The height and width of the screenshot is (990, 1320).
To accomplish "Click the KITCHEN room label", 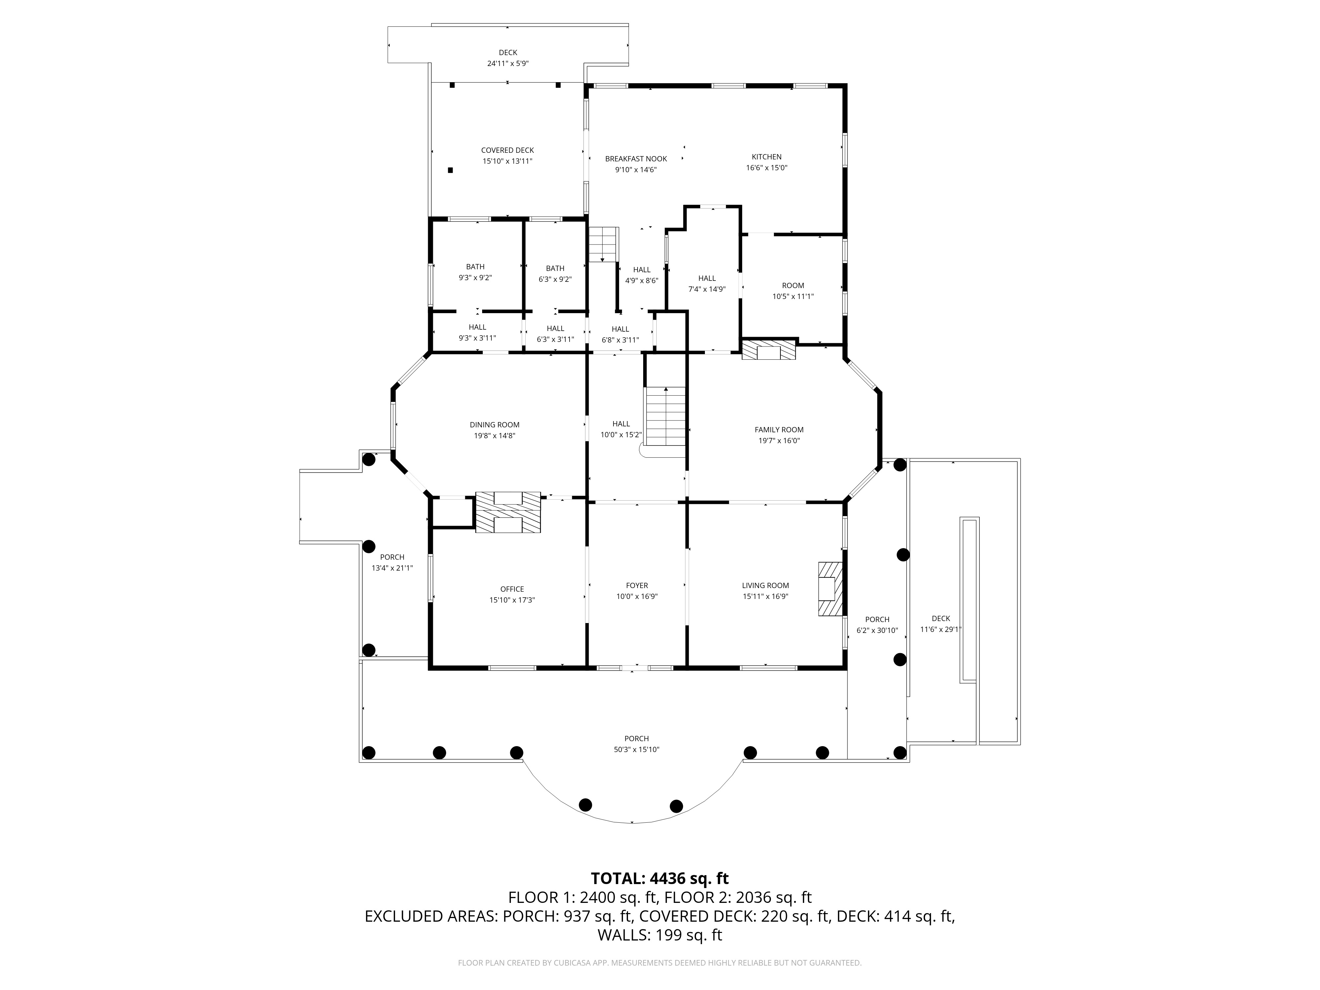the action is pos(766,157).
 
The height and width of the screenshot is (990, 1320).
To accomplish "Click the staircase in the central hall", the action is pos(665,416).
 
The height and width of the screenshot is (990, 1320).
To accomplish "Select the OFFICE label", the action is pos(512,589).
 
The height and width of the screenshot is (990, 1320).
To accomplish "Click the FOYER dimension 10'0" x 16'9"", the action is pos(637,596).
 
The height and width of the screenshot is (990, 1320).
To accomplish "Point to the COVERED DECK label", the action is pos(507,150).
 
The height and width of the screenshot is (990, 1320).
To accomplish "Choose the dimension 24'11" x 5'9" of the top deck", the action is pos(508,63).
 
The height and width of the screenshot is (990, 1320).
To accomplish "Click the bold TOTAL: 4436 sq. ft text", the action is pos(659,878).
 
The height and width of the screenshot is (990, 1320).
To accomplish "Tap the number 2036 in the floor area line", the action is pos(754,898).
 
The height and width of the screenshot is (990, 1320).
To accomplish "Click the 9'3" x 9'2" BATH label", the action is pos(475,272).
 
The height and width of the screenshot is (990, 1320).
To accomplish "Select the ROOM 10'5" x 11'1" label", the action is pos(793,291).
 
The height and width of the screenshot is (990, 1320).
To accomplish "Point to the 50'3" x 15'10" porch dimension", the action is pos(637,749).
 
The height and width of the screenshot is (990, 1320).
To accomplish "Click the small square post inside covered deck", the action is pos(450,170).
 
